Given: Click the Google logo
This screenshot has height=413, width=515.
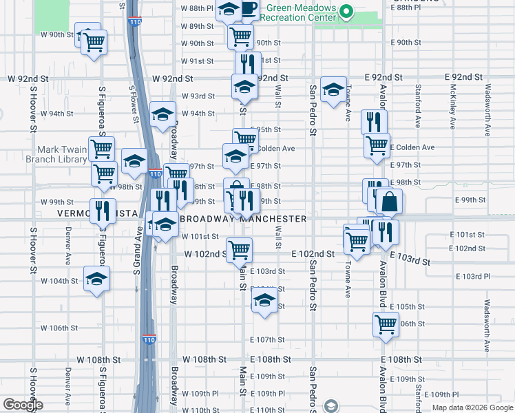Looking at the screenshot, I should (x=23, y=405).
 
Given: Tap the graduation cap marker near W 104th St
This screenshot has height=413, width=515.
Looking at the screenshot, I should (x=96, y=279).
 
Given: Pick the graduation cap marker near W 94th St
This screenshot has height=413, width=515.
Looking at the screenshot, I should (x=162, y=114).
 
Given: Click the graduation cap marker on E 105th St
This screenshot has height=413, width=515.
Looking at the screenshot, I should (x=264, y=300).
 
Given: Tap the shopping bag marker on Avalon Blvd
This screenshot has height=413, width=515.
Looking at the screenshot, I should (x=389, y=202).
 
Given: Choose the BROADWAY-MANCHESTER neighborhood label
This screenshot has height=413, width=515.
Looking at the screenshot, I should (x=243, y=219).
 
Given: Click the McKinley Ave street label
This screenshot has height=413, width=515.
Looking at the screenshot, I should (x=452, y=107).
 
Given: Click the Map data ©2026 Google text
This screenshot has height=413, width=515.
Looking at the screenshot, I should (x=472, y=407).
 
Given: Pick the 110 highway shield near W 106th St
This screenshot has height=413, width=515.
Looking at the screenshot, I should (x=149, y=339).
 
